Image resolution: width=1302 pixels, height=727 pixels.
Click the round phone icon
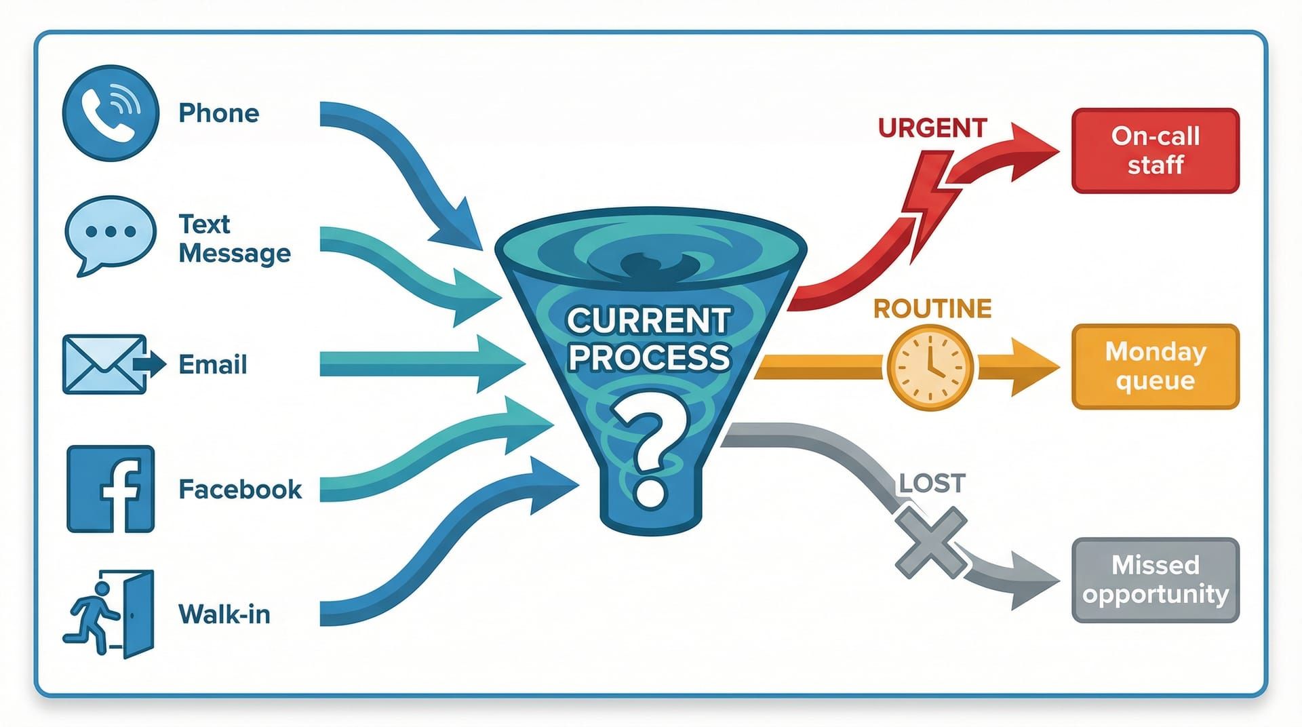click(111, 113)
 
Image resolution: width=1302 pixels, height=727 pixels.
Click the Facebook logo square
click(111, 488)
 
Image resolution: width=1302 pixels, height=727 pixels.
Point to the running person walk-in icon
click(108, 614)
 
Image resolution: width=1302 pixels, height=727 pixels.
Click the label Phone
click(218, 113)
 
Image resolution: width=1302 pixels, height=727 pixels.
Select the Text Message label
click(234, 239)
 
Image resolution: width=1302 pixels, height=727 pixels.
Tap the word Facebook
click(240, 489)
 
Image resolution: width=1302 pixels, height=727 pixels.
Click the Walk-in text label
click(224, 614)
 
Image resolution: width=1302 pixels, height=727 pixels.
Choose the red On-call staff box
click(1155, 151)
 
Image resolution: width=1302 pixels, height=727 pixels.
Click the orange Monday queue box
click(1155, 366)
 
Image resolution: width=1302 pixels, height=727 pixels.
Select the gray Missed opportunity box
click(1155, 580)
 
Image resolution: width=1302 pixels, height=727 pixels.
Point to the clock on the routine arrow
click(930, 367)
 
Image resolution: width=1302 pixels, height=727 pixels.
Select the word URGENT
click(932, 128)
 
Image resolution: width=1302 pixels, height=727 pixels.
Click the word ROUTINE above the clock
click(932, 309)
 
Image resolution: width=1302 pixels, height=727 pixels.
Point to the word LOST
click(931, 484)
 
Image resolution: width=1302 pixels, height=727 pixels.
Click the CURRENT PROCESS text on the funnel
click(649, 338)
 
